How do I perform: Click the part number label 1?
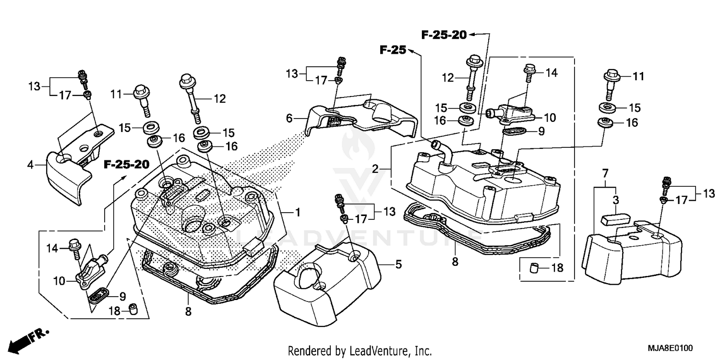click(298, 212)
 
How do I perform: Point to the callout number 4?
click(30, 166)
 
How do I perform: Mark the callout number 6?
click(289, 117)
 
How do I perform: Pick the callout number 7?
click(605, 172)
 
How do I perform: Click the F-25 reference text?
click(393, 49)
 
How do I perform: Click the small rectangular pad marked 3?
click(614, 219)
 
